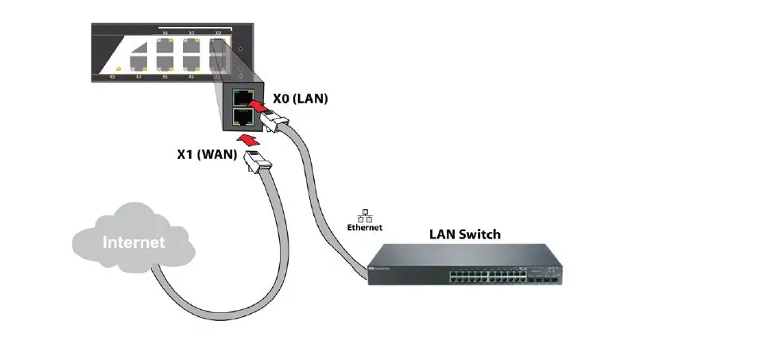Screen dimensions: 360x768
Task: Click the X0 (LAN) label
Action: [300, 99]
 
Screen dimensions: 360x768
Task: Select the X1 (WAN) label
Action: [206, 154]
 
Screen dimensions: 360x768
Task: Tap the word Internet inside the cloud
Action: [134, 242]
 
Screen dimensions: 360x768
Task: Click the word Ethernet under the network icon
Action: [365, 227]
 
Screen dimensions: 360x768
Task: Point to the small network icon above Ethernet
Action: [365, 215]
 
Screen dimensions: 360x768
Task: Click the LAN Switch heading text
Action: [464, 234]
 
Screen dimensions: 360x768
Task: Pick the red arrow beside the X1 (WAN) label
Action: [251, 140]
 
